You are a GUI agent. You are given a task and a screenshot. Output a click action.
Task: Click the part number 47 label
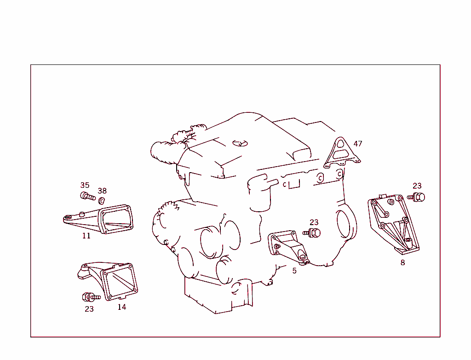358,144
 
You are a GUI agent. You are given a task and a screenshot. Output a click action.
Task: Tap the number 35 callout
85,185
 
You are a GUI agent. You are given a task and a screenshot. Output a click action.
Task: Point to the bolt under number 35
87,197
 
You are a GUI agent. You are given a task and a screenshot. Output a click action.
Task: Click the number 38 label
102,191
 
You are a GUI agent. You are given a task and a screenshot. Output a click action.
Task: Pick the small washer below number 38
103,200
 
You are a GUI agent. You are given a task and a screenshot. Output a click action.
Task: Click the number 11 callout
86,236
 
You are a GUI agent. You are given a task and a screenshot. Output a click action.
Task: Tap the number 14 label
121,307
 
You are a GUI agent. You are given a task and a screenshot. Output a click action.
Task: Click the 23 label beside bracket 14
89,309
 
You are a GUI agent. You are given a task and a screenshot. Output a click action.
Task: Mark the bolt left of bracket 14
90,297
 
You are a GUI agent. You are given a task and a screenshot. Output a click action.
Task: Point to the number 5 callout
294,271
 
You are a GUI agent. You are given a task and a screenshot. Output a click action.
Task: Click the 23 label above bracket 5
314,222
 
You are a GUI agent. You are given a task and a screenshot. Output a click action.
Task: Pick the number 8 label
403,262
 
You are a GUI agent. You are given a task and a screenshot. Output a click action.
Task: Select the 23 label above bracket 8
417,186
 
